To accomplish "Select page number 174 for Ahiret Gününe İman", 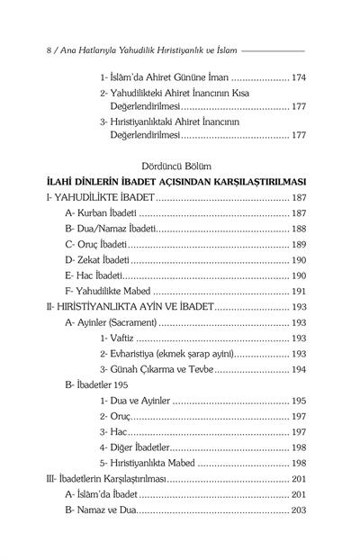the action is point(296,78).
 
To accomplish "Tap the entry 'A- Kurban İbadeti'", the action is point(97,213).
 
